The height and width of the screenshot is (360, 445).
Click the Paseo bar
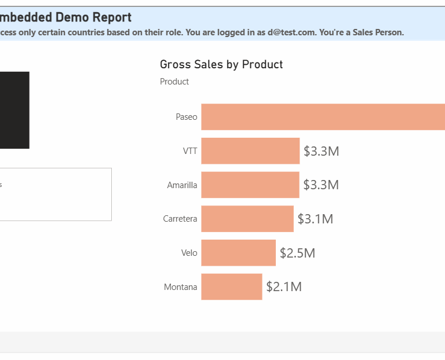click(x=323, y=117)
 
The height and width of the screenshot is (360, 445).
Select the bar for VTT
click(x=250, y=151)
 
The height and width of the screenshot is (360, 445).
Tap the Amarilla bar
click(x=250, y=185)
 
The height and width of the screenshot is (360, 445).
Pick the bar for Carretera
click(x=247, y=219)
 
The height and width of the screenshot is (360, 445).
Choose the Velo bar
click(x=238, y=253)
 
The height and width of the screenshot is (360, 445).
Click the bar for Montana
click(x=232, y=287)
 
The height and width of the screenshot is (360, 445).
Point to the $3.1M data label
click(x=315, y=219)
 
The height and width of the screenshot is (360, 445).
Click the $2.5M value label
click(x=297, y=253)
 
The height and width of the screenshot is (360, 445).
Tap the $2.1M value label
click(x=284, y=287)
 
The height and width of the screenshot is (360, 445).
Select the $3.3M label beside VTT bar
click(x=321, y=151)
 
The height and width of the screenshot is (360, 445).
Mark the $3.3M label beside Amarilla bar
click(x=321, y=185)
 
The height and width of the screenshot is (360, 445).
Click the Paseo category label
click(x=187, y=117)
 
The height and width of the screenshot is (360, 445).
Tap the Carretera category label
click(x=180, y=219)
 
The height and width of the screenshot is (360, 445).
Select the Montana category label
click(x=181, y=287)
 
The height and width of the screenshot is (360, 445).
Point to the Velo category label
click(x=189, y=253)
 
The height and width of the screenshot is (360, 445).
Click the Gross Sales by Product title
click(x=221, y=64)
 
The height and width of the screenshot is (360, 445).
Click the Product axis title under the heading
click(x=174, y=82)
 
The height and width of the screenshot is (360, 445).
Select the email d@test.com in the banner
click(x=290, y=32)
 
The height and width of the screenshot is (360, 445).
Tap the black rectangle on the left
click(x=14, y=110)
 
